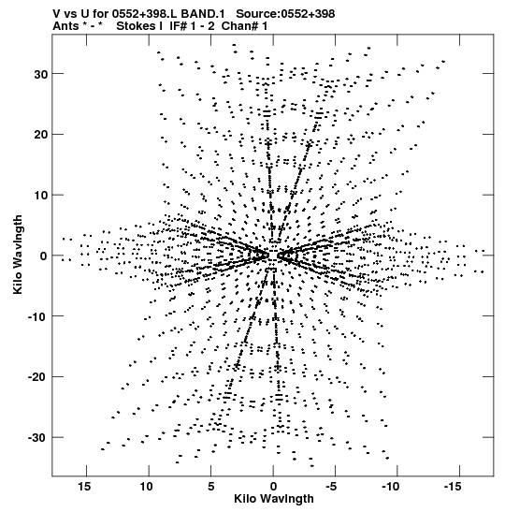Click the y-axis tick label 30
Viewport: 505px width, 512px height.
coord(41,75)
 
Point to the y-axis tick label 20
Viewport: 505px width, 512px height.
coord(41,135)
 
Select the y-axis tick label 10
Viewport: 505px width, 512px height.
coord(41,196)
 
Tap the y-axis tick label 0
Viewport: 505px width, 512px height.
coord(44,256)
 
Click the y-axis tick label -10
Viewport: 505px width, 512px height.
coord(37,317)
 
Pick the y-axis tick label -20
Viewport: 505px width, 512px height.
coord(37,377)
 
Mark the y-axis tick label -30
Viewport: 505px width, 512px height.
coord(37,438)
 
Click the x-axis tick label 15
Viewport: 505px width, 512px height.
coord(84,487)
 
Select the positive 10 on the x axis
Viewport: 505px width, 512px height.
coord(147,487)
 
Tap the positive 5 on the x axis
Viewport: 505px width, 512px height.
coord(211,487)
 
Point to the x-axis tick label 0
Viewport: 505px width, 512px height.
coord(273,487)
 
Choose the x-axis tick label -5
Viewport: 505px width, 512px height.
coord(331,487)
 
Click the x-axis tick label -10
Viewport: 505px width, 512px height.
coord(390,487)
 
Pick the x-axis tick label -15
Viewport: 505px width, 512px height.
coord(453,487)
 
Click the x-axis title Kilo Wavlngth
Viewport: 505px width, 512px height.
coord(274,499)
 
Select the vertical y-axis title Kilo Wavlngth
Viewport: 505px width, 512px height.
coord(18,255)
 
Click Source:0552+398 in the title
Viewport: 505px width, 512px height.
coord(285,14)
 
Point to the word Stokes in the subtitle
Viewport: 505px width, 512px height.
coord(138,26)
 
